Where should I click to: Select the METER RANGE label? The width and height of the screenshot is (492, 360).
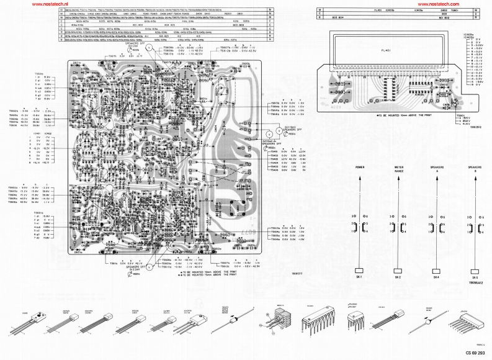pos(399,169)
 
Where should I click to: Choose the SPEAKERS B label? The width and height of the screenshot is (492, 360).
pos(475,169)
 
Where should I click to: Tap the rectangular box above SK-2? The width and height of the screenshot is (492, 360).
pos(398,271)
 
